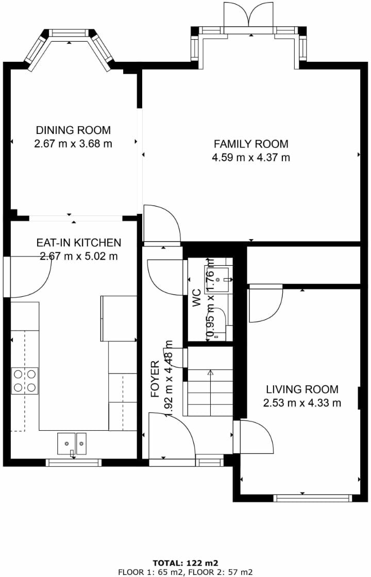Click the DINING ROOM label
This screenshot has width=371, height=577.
click(73, 130)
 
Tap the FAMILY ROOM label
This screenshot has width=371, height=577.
click(251, 144)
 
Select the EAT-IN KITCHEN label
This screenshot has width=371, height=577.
click(79, 243)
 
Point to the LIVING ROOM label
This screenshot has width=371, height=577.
click(302, 389)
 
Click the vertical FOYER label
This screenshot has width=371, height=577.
click(155, 379)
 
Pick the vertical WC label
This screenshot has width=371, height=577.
click(196, 298)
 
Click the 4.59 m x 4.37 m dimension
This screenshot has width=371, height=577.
click(251, 158)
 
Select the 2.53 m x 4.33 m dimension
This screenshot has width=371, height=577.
click(302, 403)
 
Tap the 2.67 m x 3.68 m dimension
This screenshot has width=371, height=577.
click(73, 144)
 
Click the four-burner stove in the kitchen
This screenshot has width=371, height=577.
click(25, 381)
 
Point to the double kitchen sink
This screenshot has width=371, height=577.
click(72, 444)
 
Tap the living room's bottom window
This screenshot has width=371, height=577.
click(312, 498)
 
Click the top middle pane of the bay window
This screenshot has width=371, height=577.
click(69, 33)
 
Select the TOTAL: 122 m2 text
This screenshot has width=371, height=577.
click(185, 563)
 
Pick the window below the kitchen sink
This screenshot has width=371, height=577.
click(73, 463)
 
